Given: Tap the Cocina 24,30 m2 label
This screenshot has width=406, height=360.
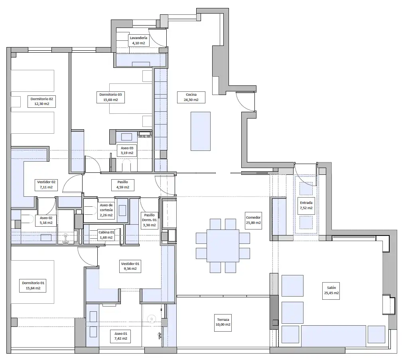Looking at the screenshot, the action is [x=191, y=97].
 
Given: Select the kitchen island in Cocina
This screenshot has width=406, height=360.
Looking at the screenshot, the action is [x=201, y=131].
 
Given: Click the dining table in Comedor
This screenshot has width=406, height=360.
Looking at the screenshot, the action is [x=223, y=246].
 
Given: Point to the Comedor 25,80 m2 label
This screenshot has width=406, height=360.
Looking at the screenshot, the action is [x=253, y=220].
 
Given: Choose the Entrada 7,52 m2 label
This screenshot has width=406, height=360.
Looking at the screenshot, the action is [x=306, y=205].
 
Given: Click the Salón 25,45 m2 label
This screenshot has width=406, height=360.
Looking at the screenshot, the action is [x=331, y=290].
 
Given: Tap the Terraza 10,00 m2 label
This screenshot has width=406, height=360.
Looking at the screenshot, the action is [x=223, y=322].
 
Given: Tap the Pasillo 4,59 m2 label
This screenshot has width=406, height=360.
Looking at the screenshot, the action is [x=123, y=184].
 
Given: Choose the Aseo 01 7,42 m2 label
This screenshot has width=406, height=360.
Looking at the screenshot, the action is [x=121, y=336].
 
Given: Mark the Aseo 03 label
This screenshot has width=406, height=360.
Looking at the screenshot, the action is [x=127, y=150].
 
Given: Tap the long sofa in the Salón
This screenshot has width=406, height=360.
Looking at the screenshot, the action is [x=333, y=336].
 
